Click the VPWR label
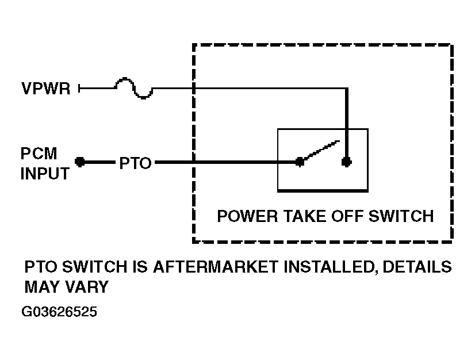pos(46,89)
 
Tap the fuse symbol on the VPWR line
pos(133,88)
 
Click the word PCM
pos(39,154)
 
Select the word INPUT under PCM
pos(45,174)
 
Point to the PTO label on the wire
pos(135,163)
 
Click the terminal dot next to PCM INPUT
pos(80,162)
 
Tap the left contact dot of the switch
pos(300,162)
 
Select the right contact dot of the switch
pos(347,162)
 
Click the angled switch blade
pos(321,150)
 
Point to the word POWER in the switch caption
pos(247,216)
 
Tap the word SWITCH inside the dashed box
pos(401,216)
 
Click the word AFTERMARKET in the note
pos(216,267)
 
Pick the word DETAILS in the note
pos(417,267)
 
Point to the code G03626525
pos(59,312)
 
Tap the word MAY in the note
pos(43,287)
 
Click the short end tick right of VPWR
pos(79,88)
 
